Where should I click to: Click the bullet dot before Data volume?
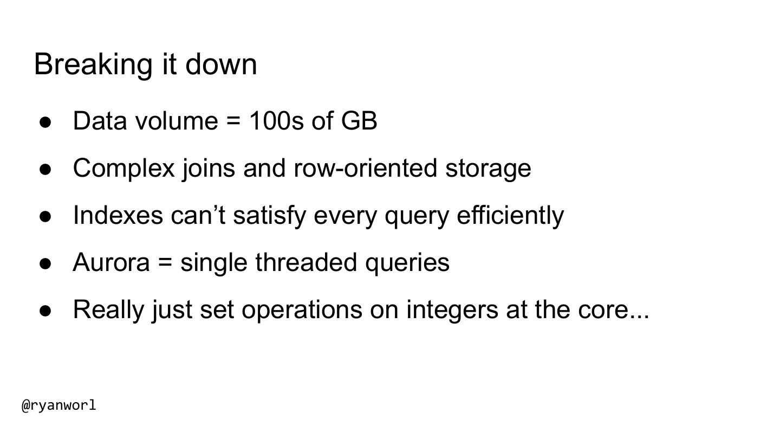tap(45, 122)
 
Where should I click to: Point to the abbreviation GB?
tap(359, 121)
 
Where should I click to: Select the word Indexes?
tap(118, 215)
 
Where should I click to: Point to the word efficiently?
tap(510, 216)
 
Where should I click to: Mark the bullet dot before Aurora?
tap(45, 264)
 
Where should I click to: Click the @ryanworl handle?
tap(59, 405)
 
